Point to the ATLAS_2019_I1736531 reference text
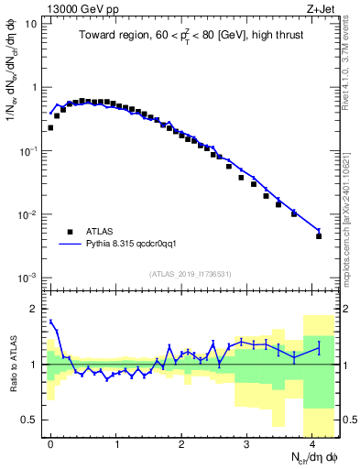[x=191, y=274]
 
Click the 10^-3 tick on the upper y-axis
[x=28, y=278]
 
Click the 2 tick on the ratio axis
[x=33, y=307]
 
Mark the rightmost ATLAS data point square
[x=319, y=236]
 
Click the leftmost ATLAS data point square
[x=50, y=128]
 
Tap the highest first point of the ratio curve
[x=50, y=322]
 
